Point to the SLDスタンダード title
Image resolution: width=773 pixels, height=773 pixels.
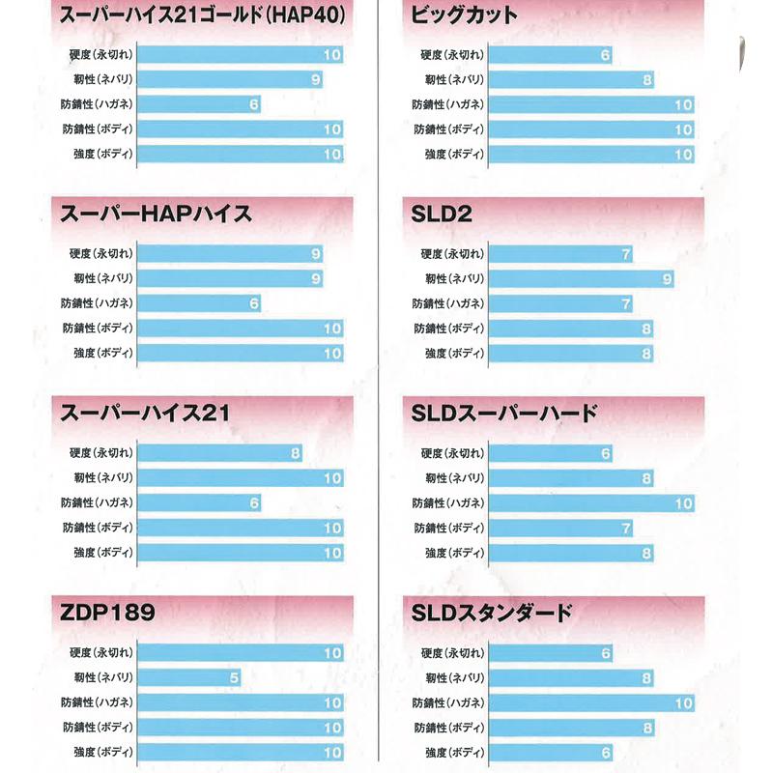click(492, 614)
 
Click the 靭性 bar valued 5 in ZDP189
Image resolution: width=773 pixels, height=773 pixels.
click(188, 677)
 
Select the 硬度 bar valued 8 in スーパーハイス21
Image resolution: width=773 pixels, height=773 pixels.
click(219, 452)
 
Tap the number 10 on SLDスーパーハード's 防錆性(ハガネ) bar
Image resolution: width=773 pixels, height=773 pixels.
click(684, 503)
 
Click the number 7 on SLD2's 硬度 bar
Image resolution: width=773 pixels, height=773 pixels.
click(626, 254)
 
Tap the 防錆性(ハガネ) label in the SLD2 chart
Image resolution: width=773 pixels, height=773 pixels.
click(447, 304)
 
